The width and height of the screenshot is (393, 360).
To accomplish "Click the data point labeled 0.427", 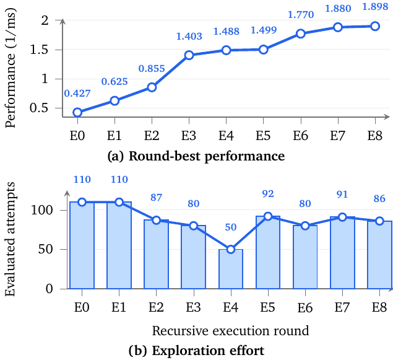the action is click(77, 112).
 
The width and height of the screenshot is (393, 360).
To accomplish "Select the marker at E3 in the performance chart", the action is click(189, 55).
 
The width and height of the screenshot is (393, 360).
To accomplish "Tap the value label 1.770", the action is click(301, 15).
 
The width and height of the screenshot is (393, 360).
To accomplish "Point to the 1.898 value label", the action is click(375, 7).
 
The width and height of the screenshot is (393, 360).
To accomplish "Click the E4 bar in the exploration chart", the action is click(231, 269).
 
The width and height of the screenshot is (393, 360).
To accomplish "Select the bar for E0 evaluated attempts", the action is click(82, 245).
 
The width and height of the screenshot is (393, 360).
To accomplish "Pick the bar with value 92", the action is click(268, 252).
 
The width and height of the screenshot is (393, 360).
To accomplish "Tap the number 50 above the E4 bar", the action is click(231, 227).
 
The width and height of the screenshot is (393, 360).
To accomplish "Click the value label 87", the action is click(156, 198).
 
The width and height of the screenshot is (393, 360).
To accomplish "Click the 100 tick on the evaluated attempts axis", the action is click(42, 210).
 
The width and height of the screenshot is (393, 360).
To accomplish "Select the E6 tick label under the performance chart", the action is click(301, 136).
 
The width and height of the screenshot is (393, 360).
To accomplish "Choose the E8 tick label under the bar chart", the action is click(379, 307).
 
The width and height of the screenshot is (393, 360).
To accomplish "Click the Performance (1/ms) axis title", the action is click(10, 68).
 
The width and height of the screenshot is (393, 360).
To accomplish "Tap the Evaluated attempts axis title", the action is click(10, 239).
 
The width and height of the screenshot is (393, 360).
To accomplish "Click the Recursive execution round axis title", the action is click(230, 331).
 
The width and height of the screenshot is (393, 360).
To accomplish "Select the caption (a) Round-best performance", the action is click(196, 156).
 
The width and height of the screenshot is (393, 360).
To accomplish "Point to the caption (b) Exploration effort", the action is click(196, 351).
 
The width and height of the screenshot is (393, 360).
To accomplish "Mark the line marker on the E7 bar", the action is click(342, 217).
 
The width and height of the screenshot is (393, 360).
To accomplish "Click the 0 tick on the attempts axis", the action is click(50, 289).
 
